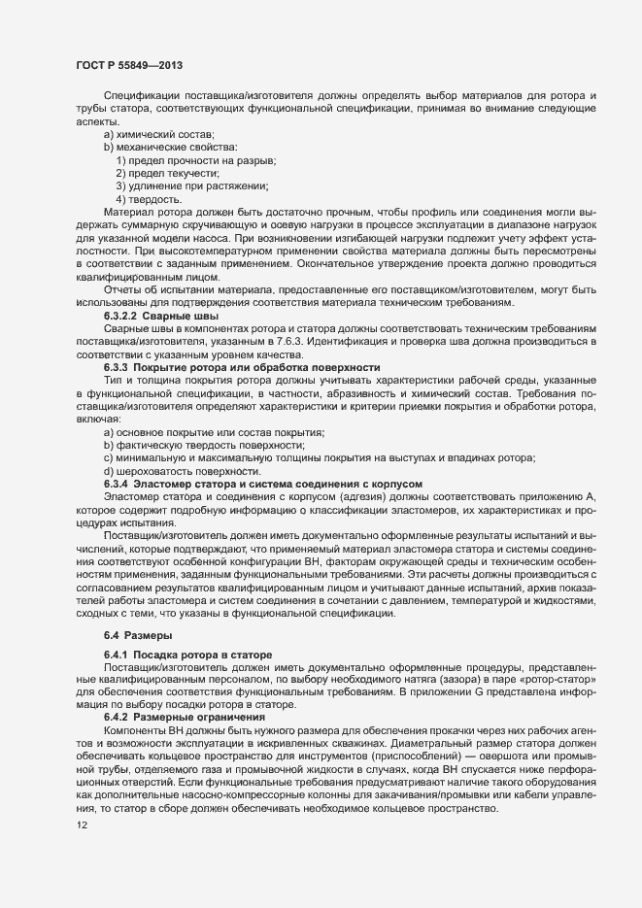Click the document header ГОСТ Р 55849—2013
coord(123,65)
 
